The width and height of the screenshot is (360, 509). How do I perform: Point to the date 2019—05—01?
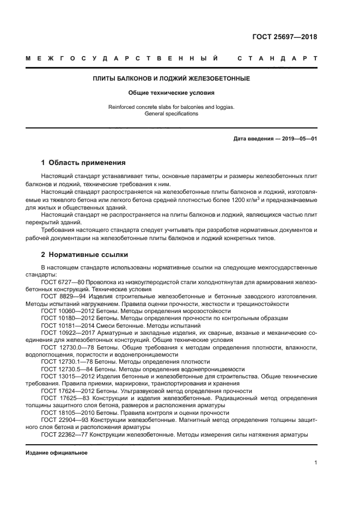(298, 139)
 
